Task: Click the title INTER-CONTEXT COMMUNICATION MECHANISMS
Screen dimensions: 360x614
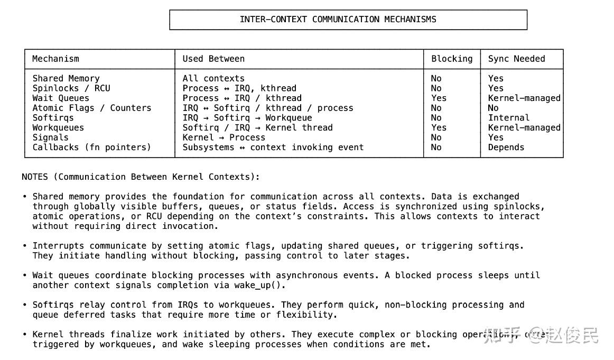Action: tap(338, 20)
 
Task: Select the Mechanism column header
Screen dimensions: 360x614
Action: tap(55, 59)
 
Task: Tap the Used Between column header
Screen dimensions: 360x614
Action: tap(213, 59)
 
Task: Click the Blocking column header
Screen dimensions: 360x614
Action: tap(452, 59)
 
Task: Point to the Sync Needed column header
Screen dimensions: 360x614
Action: tap(516, 59)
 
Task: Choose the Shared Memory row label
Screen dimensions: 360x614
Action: tap(66, 78)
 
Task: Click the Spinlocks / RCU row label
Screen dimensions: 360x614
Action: tap(71, 88)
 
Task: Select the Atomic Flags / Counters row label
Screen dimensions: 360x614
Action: tap(91, 108)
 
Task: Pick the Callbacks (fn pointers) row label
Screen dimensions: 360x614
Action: tap(91, 147)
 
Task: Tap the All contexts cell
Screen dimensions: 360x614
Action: tap(213, 78)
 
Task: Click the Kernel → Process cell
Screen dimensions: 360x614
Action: tap(224, 137)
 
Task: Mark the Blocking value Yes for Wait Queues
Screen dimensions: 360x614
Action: tap(439, 98)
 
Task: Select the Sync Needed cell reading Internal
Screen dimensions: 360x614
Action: tap(508, 118)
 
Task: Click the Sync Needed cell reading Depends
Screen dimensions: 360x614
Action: tap(506, 147)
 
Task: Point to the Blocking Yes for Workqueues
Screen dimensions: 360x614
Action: tap(439, 128)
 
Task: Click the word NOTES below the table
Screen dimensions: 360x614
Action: tap(34, 177)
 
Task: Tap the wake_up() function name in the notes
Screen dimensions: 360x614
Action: tap(259, 285)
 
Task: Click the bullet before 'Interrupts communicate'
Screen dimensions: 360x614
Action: tap(25, 246)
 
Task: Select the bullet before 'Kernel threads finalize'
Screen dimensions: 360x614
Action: tap(25, 335)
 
